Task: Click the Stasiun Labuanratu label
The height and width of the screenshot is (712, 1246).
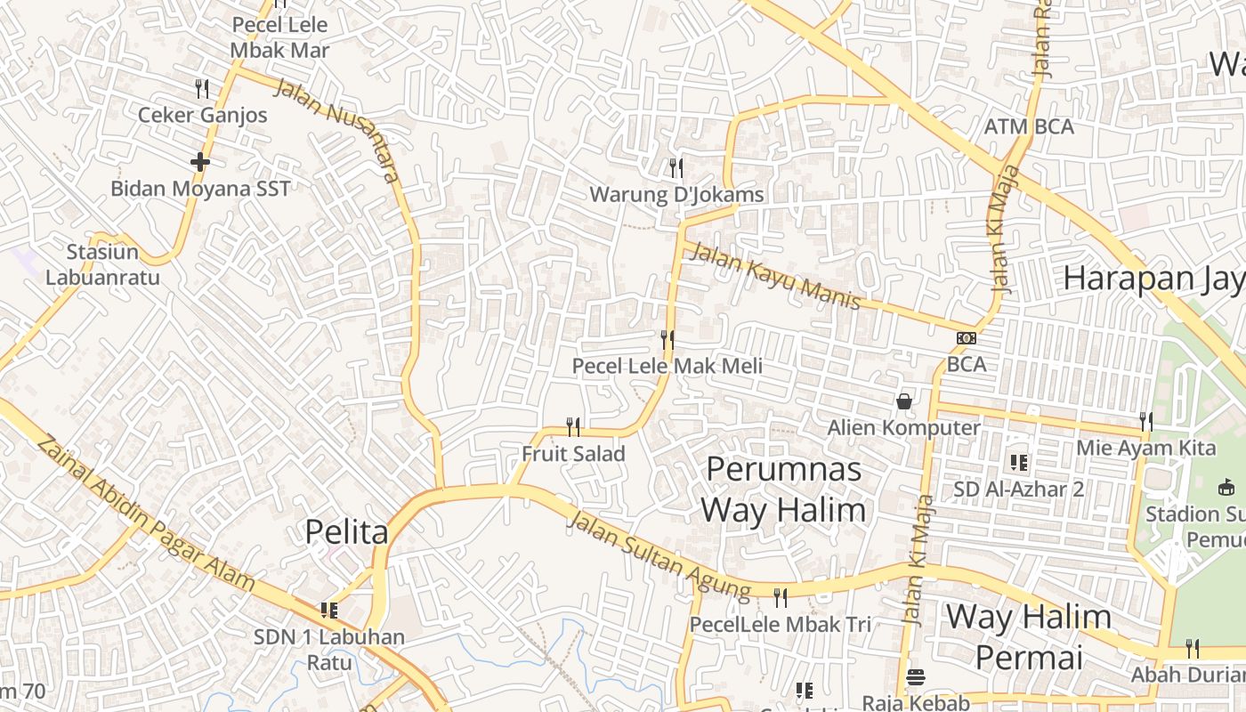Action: point(102,264)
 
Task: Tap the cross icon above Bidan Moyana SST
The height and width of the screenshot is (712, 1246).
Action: point(200,162)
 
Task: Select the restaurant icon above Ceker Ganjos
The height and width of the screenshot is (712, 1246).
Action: point(202,88)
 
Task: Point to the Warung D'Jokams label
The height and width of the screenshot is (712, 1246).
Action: point(676,195)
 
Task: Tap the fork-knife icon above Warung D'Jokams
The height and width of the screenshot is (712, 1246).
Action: point(676,167)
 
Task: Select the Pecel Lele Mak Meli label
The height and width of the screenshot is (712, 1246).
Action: point(667,366)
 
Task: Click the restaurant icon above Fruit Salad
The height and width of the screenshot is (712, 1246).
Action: point(573,427)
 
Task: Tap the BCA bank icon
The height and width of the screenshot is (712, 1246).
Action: point(966,338)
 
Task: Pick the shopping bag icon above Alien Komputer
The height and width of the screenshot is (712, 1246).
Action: point(904,401)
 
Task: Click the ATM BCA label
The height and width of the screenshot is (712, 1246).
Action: point(1029,127)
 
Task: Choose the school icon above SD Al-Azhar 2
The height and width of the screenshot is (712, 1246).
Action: point(1019,463)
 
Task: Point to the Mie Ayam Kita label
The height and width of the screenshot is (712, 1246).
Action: point(1146,448)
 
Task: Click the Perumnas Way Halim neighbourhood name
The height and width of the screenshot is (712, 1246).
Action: point(783,489)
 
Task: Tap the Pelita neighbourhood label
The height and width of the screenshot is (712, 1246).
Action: point(346,532)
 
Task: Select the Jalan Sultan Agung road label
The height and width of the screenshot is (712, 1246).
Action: point(659,554)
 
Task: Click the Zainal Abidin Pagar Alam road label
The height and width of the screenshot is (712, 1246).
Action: point(147,513)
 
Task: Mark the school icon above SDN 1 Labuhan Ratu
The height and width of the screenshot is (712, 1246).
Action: point(329,611)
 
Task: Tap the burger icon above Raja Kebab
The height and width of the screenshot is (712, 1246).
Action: point(915,678)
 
